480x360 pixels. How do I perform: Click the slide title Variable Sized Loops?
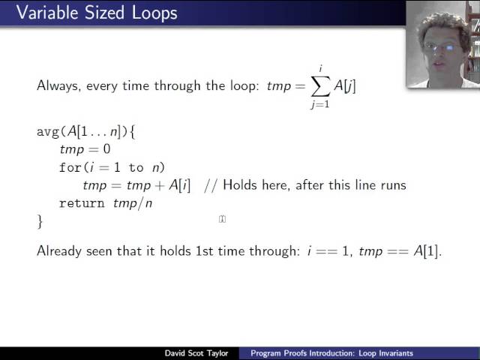point(90,13)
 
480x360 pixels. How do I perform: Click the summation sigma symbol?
point(320,86)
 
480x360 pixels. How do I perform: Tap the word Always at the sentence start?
point(56,86)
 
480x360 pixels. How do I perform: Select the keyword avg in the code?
point(48,132)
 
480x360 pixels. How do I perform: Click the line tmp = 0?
point(84,149)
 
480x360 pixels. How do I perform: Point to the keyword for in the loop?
point(70,167)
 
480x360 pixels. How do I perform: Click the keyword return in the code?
point(82,203)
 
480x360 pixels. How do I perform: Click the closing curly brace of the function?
point(40,221)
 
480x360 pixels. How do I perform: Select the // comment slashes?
point(210,185)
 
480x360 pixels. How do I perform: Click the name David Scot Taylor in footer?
point(199,353)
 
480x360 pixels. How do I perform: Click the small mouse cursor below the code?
point(222,219)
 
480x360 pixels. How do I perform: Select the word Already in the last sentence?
point(61,252)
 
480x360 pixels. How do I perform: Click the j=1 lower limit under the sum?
point(321,105)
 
